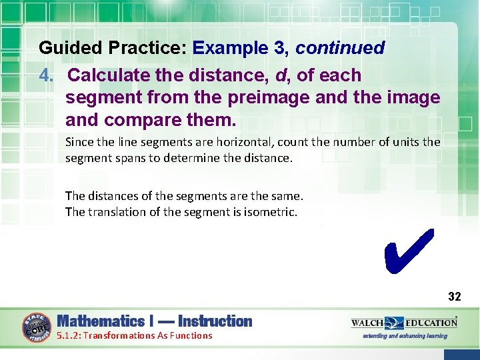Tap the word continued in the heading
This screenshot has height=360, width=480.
click(340, 48)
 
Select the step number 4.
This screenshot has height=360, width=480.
click(45, 75)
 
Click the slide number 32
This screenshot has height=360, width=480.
click(454, 297)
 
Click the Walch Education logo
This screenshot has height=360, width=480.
click(404, 323)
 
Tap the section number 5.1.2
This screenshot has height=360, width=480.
click(68, 335)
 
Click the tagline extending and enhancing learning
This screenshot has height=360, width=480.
click(405, 336)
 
